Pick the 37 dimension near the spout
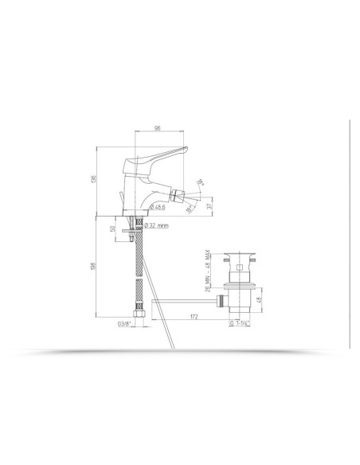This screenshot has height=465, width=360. pyautogui.click(x=209, y=205)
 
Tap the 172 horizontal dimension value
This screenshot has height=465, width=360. pyautogui.click(x=193, y=318)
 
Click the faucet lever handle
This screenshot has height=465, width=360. pyautogui.click(x=163, y=157)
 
